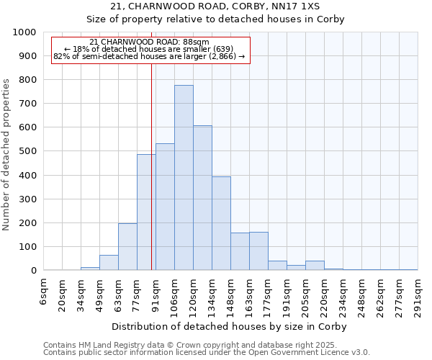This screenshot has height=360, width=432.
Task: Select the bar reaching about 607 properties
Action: tap(202, 198)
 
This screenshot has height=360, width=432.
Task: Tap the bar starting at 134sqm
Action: tap(221, 223)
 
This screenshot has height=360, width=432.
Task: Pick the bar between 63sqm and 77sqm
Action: tap(127, 247)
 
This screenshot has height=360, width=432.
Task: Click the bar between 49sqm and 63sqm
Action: tap(109, 263)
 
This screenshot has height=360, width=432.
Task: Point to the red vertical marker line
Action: tap(151, 180)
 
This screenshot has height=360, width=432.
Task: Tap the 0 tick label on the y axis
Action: tap(33, 271)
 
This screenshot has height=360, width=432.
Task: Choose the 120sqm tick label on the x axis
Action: tap(194, 294)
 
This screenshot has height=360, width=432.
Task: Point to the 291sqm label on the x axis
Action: tap(418, 294)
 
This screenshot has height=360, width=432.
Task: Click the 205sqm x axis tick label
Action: tap(306, 294)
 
